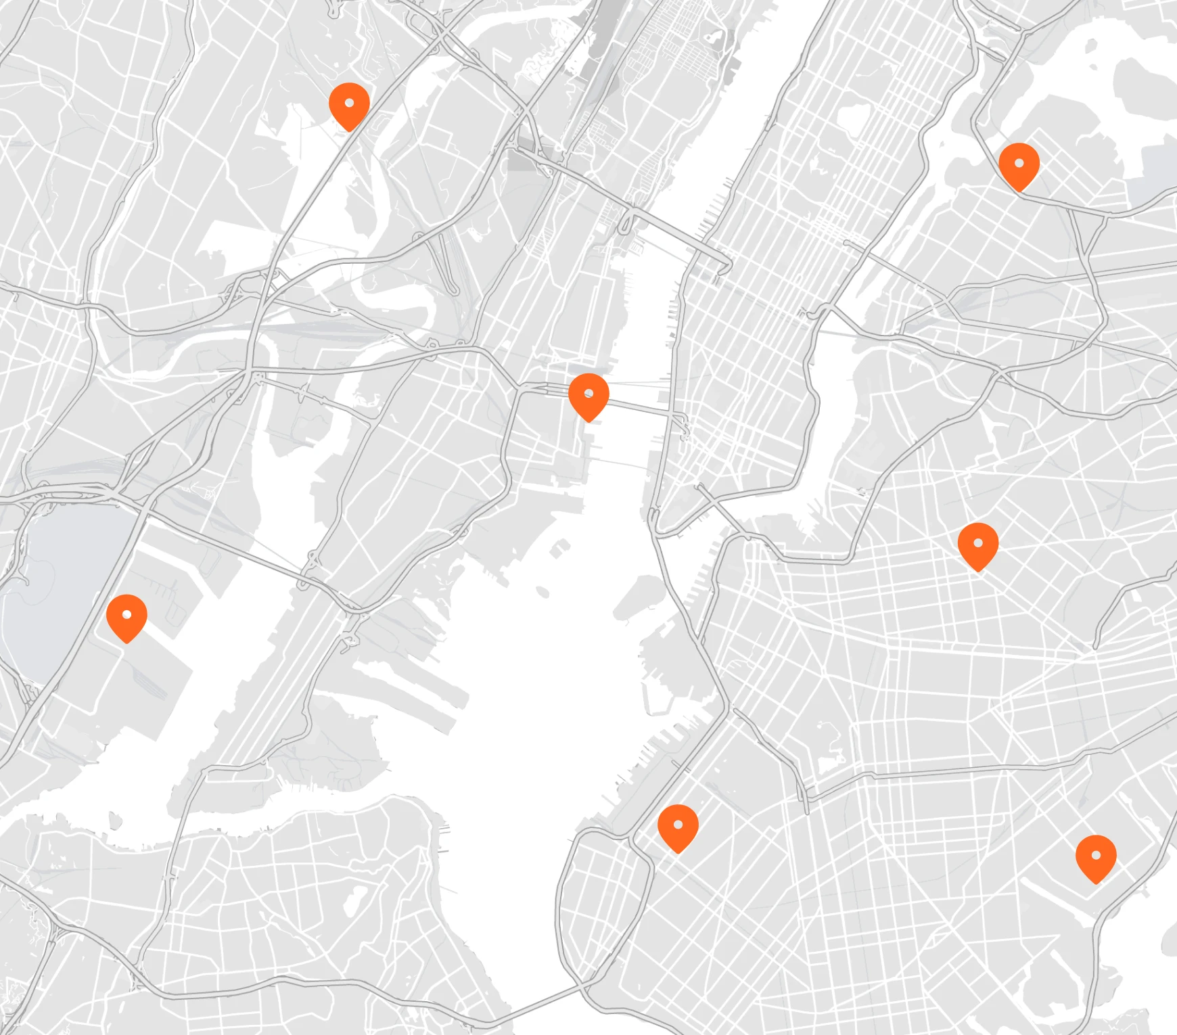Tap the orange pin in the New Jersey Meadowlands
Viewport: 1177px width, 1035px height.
349,105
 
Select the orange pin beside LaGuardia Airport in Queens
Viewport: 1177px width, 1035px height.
1019,165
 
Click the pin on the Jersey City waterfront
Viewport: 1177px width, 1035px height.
588,396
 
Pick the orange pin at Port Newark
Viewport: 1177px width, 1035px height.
126,617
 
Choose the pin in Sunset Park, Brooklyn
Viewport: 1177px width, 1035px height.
678,827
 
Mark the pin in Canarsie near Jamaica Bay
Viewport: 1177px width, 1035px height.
1096,857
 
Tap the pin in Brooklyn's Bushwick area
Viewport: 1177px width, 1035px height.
978,545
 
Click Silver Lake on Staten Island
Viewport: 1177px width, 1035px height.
352,900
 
